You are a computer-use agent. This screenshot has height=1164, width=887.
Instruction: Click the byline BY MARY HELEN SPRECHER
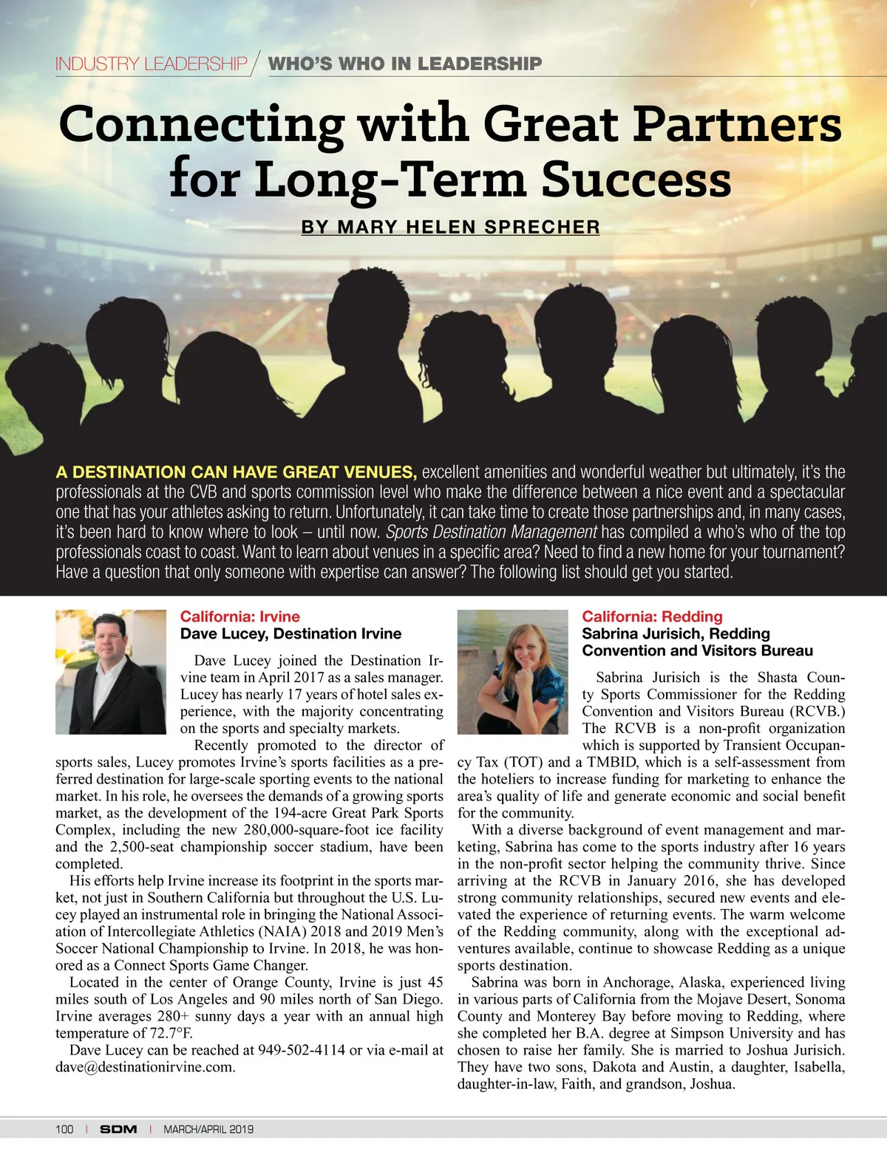coord(450,227)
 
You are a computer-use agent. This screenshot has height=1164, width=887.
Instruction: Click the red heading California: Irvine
coord(240,616)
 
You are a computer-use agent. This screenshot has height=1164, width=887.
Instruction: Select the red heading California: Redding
coord(652,616)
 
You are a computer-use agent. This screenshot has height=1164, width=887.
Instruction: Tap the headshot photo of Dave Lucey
coord(111,671)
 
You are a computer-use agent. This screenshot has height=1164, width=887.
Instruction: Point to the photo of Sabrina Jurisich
coord(512,671)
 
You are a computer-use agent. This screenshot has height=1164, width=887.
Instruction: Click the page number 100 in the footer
coord(64,1129)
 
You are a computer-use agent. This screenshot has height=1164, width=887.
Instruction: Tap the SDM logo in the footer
coord(118,1129)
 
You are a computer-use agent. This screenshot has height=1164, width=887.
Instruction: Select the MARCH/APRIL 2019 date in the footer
coord(208,1129)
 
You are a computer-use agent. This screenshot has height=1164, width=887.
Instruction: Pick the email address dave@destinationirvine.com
coord(145,1067)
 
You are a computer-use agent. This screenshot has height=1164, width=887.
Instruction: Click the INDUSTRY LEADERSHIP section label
coord(152,64)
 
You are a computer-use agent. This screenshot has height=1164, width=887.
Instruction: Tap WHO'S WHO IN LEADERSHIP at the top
coord(405,64)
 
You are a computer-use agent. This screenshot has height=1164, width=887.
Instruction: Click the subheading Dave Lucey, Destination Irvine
coord(290,633)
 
